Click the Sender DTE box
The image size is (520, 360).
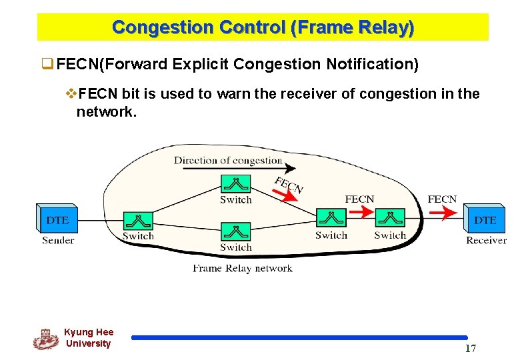(57, 218)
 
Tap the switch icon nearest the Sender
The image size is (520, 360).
(138, 221)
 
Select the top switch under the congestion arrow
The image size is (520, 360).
(235, 183)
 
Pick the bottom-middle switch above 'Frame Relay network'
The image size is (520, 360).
(235, 232)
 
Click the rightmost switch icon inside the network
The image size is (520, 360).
(390, 219)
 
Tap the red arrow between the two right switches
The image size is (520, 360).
(360, 212)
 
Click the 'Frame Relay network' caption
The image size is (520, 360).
(243, 268)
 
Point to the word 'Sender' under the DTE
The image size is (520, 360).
(58, 240)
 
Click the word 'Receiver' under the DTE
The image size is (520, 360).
(485, 240)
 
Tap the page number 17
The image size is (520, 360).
(470, 349)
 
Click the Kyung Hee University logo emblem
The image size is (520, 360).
(45, 339)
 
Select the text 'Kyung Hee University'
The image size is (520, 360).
(89, 338)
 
